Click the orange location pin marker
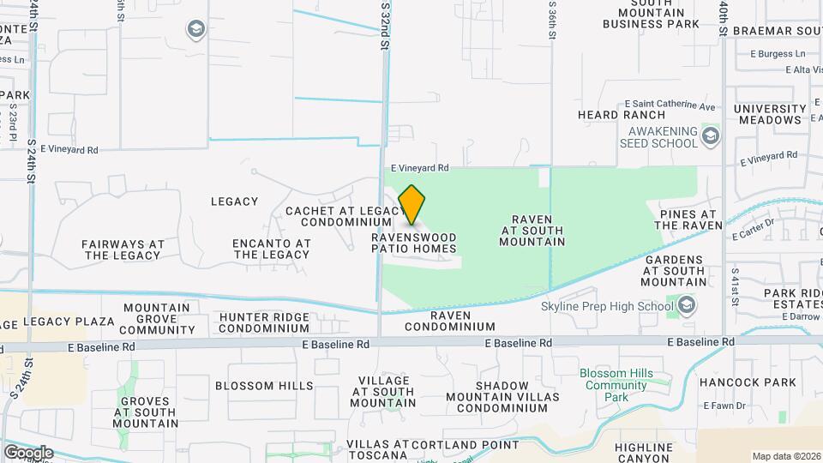click(412, 204)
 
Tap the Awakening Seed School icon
click(710, 135)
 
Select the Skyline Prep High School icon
click(686, 305)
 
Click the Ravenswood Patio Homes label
click(414, 243)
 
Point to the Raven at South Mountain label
click(532, 230)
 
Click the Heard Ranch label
click(622, 115)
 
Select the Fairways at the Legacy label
click(123, 250)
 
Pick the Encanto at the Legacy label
click(271, 249)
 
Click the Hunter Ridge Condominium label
click(264, 322)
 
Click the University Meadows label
click(769, 115)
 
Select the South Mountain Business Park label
click(652, 13)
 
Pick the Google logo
click(28, 452)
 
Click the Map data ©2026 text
click(785, 456)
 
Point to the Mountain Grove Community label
click(157, 319)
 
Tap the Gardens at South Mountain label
click(675, 270)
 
